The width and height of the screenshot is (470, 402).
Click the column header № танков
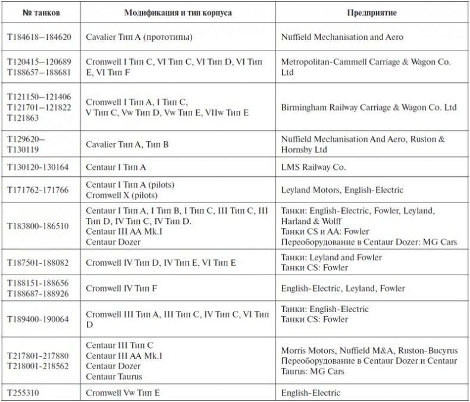coord(41,12)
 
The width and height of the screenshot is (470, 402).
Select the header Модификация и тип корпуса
coord(178,12)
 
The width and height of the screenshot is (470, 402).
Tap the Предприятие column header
coord(372,12)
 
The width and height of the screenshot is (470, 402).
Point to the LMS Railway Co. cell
coord(314,167)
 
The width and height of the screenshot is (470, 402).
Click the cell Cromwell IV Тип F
coord(121,288)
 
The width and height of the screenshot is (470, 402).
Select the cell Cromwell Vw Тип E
coord(123,392)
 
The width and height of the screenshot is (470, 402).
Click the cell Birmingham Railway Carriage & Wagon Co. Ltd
coord(369,108)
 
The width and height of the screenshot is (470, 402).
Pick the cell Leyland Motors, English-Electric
coord(342,190)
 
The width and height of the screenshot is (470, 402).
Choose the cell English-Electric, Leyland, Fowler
coord(343,288)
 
